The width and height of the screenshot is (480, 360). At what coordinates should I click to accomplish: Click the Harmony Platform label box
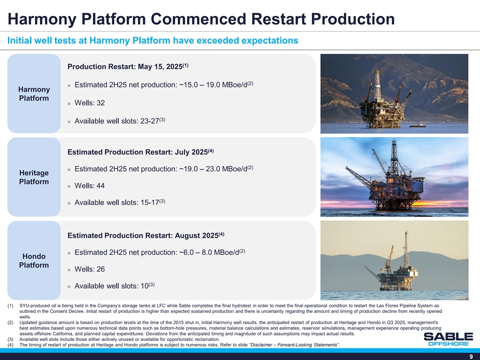pyautogui.click(x=34, y=93)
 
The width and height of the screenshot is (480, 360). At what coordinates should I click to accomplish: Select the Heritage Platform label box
pyautogui.click(x=34, y=177)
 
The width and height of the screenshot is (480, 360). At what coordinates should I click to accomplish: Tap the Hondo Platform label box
pyautogui.click(x=34, y=260)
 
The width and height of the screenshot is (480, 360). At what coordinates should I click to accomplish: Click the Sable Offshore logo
pyautogui.click(x=448, y=339)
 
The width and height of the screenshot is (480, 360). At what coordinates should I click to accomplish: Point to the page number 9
pyautogui.click(x=471, y=356)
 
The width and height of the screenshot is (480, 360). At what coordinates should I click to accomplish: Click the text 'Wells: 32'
pyautogui.click(x=89, y=103)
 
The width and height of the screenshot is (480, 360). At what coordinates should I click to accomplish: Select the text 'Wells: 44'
pyautogui.click(x=89, y=186)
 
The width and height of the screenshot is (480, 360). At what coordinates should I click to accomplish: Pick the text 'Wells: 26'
pyautogui.click(x=89, y=269)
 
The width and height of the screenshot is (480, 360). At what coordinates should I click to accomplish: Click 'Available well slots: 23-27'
pyautogui.click(x=120, y=121)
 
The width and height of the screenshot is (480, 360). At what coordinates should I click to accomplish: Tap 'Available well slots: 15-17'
pyautogui.click(x=120, y=202)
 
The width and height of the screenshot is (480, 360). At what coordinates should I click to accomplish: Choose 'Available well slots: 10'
pyautogui.click(x=114, y=285)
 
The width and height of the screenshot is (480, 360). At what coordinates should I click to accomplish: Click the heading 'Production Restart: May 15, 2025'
pyautogui.click(x=128, y=66)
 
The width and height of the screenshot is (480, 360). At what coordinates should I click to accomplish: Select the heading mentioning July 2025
pyautogui.click(x=140, y=152)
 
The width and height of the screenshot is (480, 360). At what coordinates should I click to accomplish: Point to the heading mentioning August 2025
pyautogui.click(x=145, y=235)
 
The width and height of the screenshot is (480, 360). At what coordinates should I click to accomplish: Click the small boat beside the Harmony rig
pyautogui.click(x=418, y=125)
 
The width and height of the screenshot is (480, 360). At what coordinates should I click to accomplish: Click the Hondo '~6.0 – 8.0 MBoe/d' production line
pyautogui.click(x=160, y=252)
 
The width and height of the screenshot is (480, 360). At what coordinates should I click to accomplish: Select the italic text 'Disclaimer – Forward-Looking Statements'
pyautogui.click(x=294, y=345)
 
